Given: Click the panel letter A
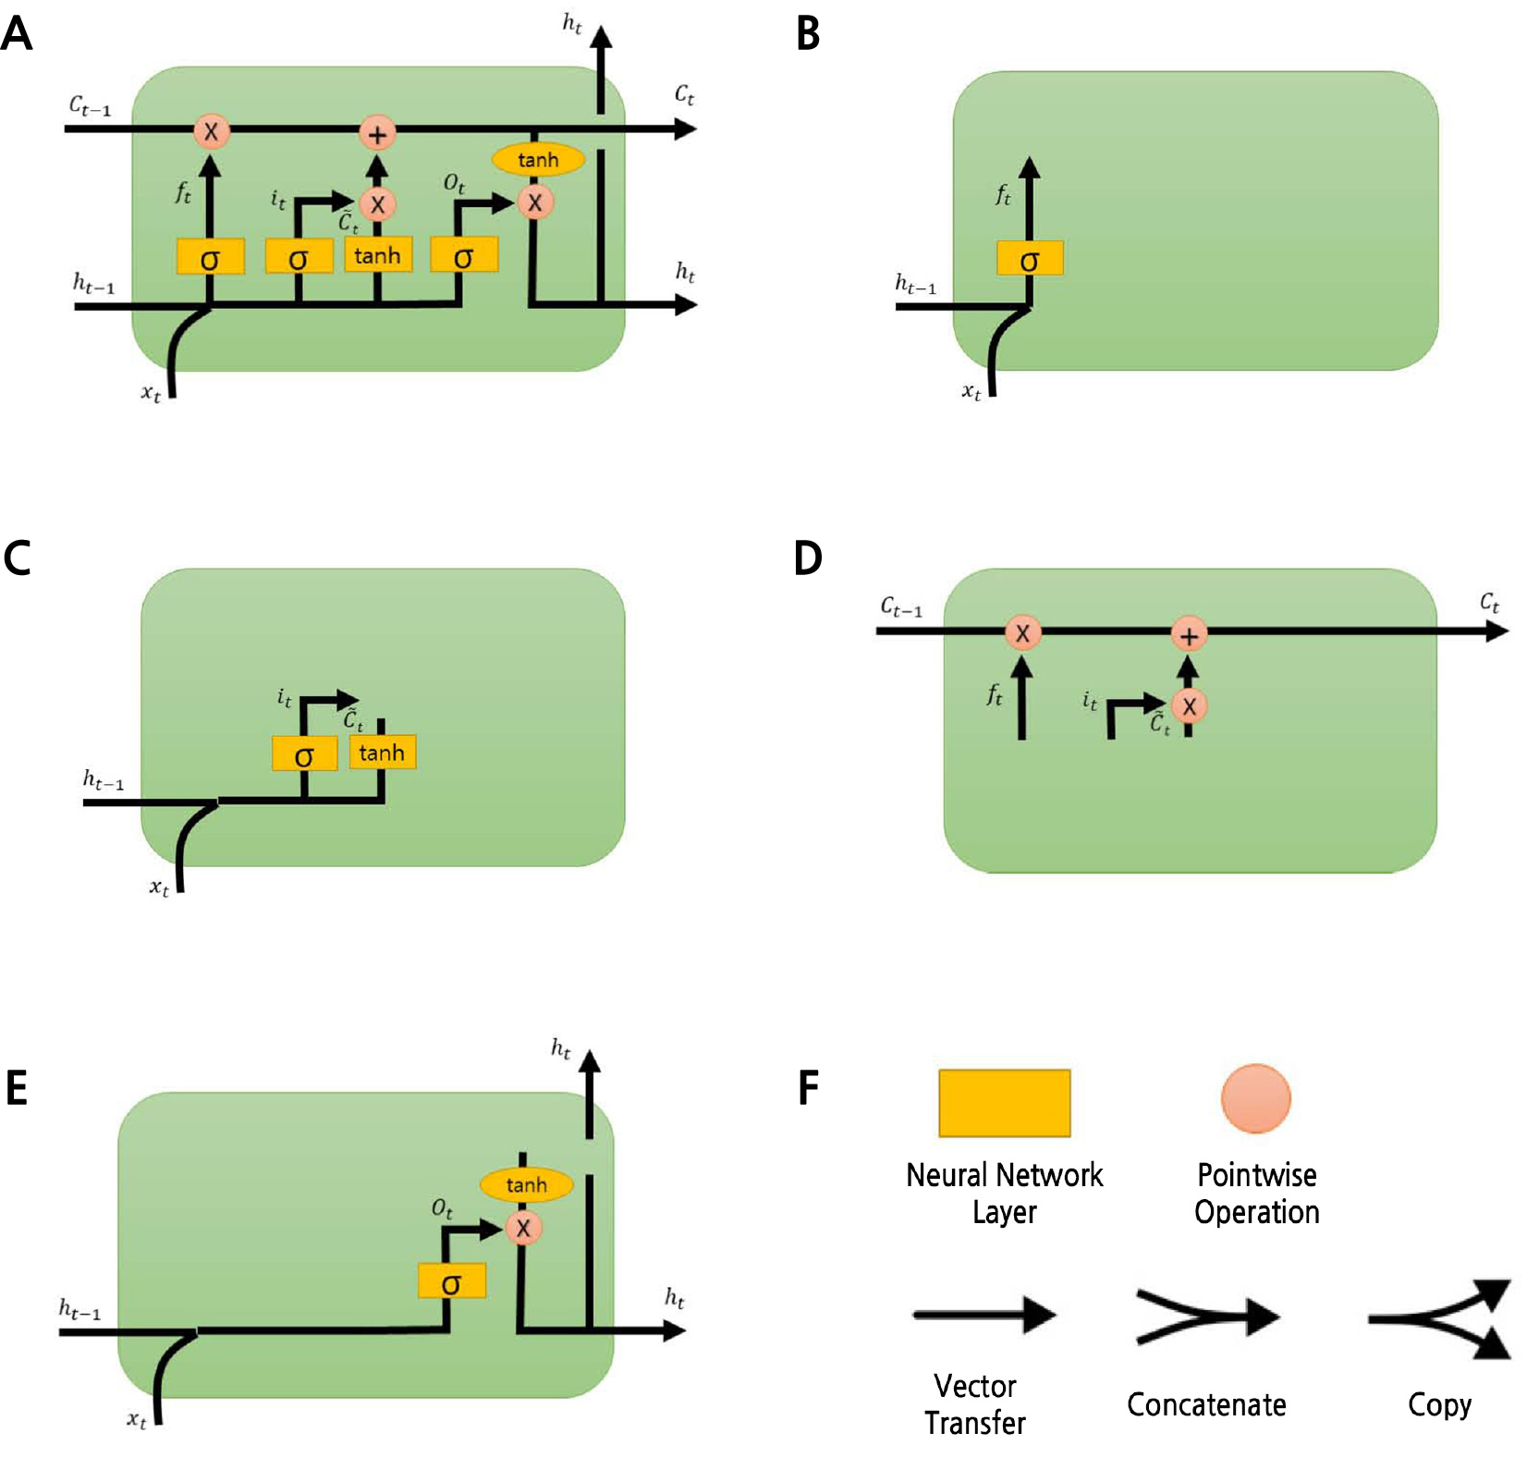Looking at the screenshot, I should (x=17, y=34).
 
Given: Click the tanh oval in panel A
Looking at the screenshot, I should (x=537, y=160).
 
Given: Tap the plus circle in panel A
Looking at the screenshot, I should (x=377, y=134).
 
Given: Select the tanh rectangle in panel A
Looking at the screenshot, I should (x=377, y=255).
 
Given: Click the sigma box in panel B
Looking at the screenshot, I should (x=1030, y=259).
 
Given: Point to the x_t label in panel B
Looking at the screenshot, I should (x=971, y=392).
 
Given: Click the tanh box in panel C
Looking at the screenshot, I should (x=382, y=753).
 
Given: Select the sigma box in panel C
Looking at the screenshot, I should (x=304, y=754).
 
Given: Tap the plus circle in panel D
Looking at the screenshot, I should (x=1189, y=635).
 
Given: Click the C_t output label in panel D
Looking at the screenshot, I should (x=1489, y=603).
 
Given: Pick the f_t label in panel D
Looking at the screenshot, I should (x=995, y=694).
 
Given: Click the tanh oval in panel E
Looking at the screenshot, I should (x=526, y=1184).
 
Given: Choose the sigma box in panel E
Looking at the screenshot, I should (x=451, y=1281).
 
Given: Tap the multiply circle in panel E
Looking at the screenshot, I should (x=523, y=1228).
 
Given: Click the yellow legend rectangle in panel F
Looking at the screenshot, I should (x=1004, y=1103).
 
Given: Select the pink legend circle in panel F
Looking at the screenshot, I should (x=1255, y=1098).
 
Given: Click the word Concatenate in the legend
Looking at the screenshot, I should (x=1206, y=1404).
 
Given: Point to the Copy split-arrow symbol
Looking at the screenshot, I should (x=1441, y=1318).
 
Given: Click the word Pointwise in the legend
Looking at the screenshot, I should (x=1256, y=1175).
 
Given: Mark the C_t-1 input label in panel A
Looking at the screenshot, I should (x=90, y=105).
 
